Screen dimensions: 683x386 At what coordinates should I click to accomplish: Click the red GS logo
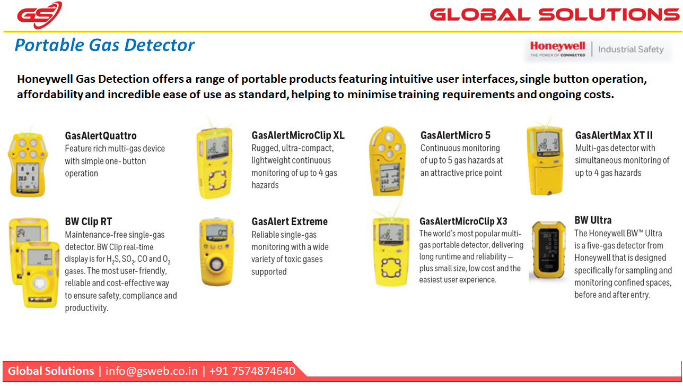coord(40,15)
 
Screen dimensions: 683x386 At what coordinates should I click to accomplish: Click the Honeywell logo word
coord(557,46)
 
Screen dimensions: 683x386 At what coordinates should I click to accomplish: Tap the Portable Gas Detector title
coord(104,45)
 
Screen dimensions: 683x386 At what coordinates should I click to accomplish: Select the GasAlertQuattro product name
coord(101,135)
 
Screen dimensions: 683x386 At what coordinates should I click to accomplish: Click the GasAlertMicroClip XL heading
coord(298,135)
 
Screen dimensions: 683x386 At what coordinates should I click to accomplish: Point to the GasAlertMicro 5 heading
coord(455,135)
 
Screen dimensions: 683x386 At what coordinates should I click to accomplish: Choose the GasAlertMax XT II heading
coord(614,135)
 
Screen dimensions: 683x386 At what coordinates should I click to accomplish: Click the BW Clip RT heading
coord(89,221)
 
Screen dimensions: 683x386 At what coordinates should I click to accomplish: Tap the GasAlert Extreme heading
coord(290,221)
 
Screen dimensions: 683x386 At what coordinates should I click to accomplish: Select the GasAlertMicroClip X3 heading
coord(463,221)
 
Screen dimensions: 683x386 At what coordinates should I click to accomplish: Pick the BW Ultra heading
coord(593,220)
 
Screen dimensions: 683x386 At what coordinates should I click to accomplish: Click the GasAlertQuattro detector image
coord(28,164)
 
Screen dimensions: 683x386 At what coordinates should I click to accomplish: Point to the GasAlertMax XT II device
coord(546,161)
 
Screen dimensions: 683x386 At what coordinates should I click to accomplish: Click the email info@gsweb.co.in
coord(152,371)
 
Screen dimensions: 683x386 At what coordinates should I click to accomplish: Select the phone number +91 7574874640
coord(252,371)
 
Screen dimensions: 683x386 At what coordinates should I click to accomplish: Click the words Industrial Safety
coord(631,49)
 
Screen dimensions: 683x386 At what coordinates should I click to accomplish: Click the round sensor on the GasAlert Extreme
coord(216,264)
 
